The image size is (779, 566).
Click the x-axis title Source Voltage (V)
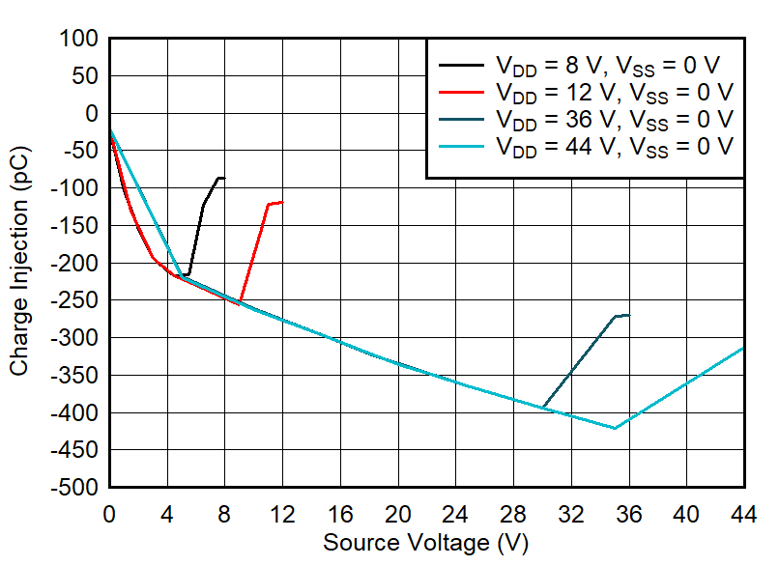pyautogui.click(x=425, y=543)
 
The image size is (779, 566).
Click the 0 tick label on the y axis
pyautogui.click(x=92, y=114)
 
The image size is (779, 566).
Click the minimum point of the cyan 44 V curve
pyautogui.click(x=615, y=428)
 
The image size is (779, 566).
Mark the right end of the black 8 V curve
pyautogui.click(x=224, y=178)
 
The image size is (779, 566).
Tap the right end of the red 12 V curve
pyautogui.click(x=282, y=202)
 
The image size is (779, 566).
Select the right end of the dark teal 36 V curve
pyautogui.click(x=629, y=315)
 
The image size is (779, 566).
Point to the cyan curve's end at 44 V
pyautogui.click(x=743, y=348)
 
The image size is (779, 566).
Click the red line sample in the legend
pyautogui.click(x=462, y=93)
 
